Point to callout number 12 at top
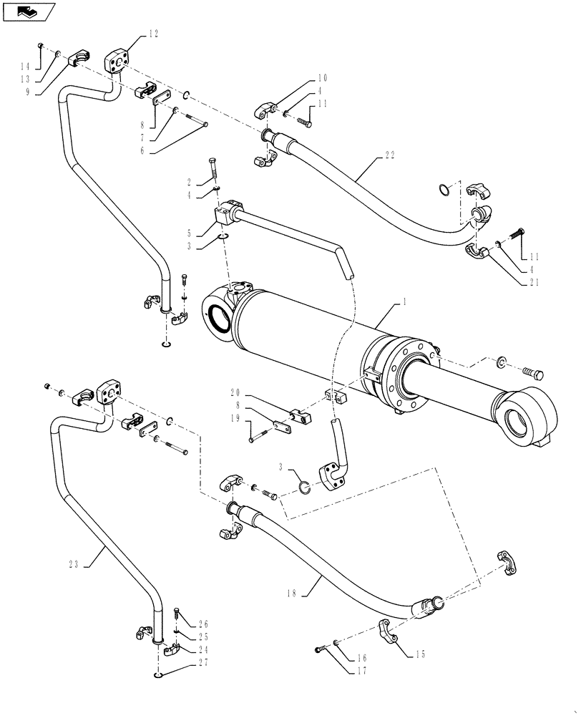[x=154, y=32]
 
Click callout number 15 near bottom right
[x=421, y=654]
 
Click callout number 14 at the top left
[x=26, y=65]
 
